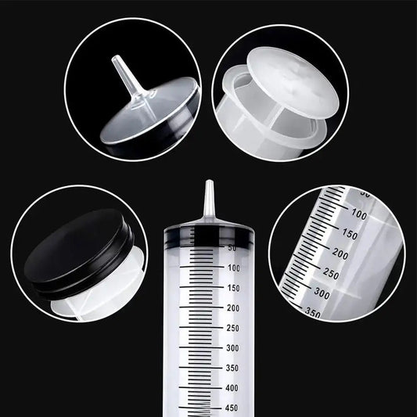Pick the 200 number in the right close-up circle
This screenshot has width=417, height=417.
tap(340, 253)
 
